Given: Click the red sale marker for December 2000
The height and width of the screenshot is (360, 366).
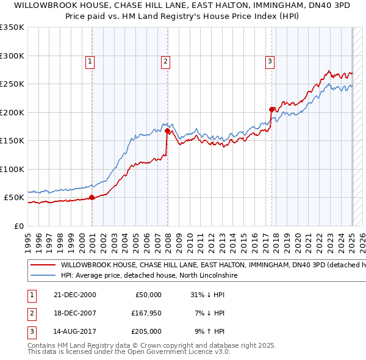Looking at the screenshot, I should [x=92, y=197].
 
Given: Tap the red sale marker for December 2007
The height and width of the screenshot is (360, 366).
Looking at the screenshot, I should [x=167, y=131].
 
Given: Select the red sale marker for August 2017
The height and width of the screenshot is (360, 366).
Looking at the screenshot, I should [x=271, y=109].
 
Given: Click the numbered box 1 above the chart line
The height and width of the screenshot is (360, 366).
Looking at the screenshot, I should [x=90, y=60].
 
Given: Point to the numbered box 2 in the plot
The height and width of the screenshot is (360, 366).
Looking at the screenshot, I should [x=165, y=60].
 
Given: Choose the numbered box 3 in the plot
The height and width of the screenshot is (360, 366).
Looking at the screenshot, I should [x=270, y=60].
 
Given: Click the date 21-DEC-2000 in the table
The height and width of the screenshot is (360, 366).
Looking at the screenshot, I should [x=75, y=294].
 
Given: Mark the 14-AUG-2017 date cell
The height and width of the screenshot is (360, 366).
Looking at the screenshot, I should [x=76, y=332].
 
